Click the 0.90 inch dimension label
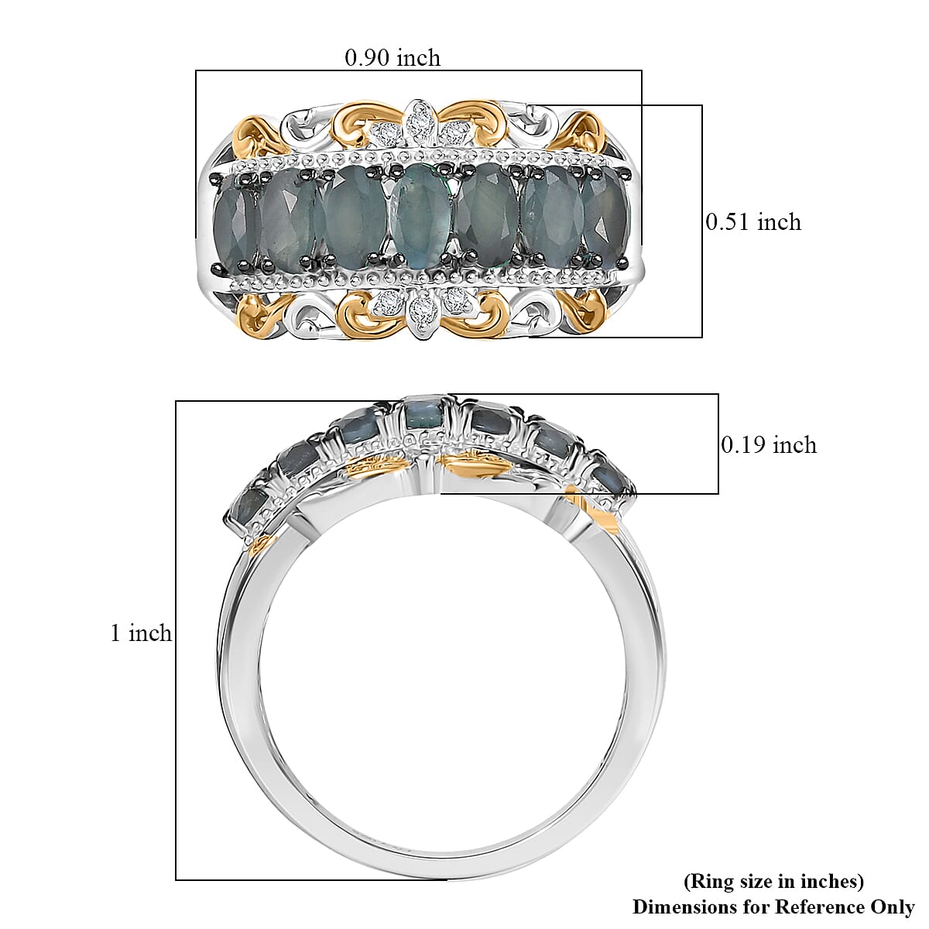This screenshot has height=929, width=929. tap(393, 58)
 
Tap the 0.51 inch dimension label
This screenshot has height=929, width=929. tap(752, 222)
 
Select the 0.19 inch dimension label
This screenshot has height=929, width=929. tap(768, 444)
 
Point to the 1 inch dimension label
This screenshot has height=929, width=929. tap(140, 633)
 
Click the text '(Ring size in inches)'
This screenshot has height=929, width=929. tap(773, 881)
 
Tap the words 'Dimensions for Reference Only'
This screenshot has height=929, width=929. tap(773, 906)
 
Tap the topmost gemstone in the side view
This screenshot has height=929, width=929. tap(423, 413)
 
